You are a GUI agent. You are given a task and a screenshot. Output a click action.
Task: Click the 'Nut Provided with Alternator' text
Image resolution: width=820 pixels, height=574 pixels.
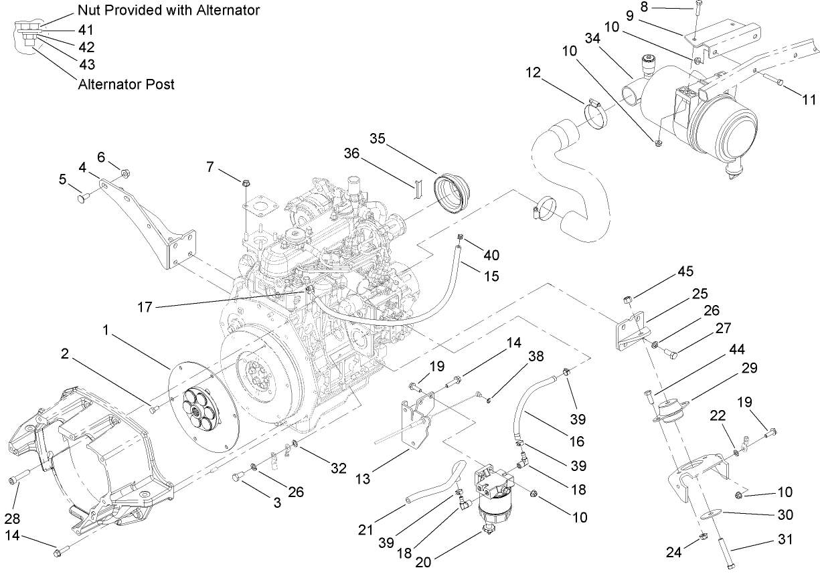[168, 10]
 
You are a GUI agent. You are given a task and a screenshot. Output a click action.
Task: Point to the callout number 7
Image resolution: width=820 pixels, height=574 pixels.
[210, 166]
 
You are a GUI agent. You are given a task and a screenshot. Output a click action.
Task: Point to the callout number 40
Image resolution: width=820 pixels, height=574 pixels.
[491, 255]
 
